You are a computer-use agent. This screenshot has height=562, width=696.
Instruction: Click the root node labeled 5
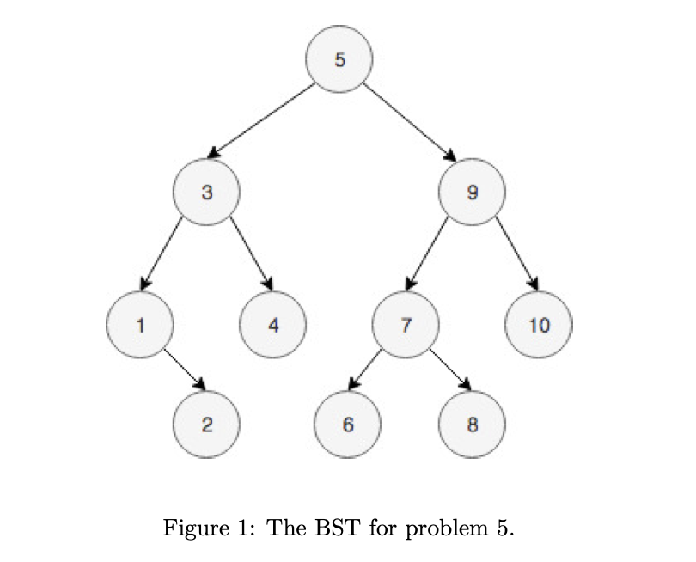(x=340, y=59)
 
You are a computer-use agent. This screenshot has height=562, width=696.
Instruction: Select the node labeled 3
(x=205, y=192)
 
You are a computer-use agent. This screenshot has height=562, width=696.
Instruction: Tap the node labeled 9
(x=472, y=192)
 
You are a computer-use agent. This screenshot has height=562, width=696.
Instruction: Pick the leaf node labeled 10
(x=539, y=325)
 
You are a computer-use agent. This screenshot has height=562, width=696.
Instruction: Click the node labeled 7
(x=406, y=325)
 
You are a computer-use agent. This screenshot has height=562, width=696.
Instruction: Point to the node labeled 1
(x=139, y=325)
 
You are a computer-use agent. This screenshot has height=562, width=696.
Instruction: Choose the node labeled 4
(x=272, y=325)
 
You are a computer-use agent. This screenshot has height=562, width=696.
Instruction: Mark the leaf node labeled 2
(x=206, y=424)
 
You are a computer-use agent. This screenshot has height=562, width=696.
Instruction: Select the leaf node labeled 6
(x=347, y=424)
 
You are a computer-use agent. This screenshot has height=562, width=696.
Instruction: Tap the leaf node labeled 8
(x=472, y=424)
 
